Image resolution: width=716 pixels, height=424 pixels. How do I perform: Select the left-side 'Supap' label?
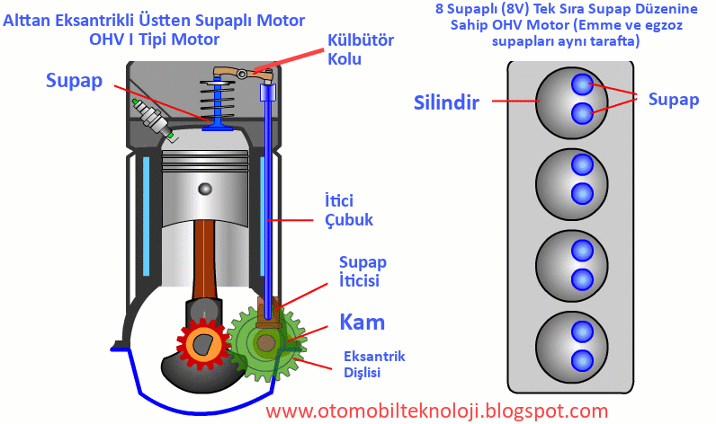[x=76, y=80]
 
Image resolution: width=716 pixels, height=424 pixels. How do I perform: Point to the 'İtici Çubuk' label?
[x=348, y=208]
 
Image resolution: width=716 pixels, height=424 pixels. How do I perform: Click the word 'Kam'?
[x=362, y=321]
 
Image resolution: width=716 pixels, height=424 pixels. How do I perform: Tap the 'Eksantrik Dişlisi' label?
[x=374, y=364]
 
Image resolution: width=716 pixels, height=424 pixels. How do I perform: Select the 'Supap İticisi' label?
[x=362, y=271]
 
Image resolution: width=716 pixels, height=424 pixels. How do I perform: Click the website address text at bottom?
[x=438, y=411]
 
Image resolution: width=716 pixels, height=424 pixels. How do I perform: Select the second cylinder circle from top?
[x=567, y=179]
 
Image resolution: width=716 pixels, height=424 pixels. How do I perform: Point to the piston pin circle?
[x=206, y=189]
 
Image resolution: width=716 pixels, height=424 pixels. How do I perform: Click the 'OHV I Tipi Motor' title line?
[x=154, y=40]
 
